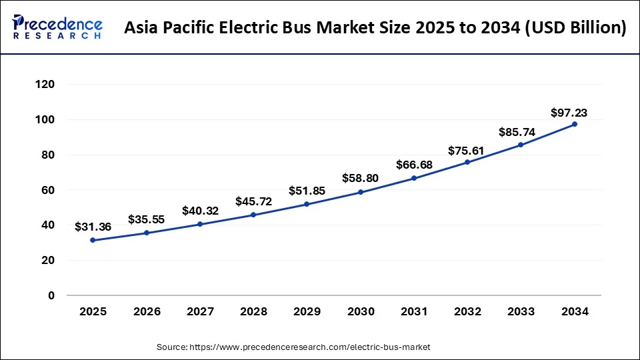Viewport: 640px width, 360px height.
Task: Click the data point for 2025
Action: tap(93, 240)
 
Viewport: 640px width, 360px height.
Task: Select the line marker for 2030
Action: tap(361, 192)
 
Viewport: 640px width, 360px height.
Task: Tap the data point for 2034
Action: tap(575, 124)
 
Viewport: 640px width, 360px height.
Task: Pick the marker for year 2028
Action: tap(253, 215)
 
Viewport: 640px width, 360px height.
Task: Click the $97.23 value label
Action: tap(569, 113)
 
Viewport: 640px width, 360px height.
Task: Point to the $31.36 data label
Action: tap(93, 227)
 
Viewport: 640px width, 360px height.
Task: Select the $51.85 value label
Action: tap(307, 191)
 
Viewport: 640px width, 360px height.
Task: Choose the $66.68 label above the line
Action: tap(414, 165)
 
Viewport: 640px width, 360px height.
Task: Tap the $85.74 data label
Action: tap(517, 132)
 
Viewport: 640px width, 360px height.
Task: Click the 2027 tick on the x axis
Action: tap(200, 311)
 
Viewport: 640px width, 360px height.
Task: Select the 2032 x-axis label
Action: tap(467, 311)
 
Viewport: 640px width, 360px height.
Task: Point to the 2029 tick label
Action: tap(307, 311)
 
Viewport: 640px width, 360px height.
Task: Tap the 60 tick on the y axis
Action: tap(48, 190)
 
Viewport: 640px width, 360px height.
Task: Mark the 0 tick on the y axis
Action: tap(51, 295)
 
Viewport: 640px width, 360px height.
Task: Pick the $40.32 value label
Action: tap(200, 211)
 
